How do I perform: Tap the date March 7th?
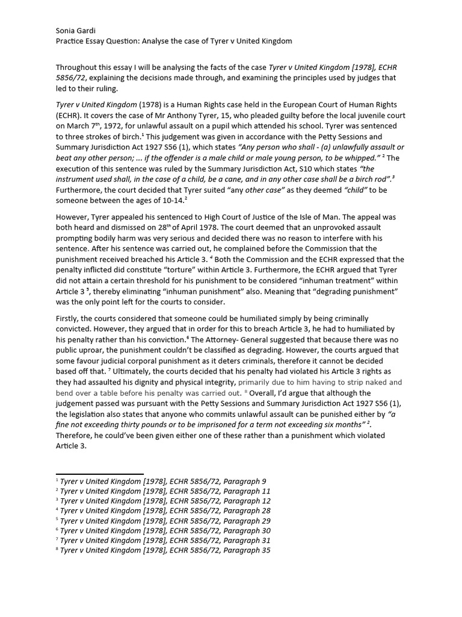[83, 127]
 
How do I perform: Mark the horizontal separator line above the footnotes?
[99, 475]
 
